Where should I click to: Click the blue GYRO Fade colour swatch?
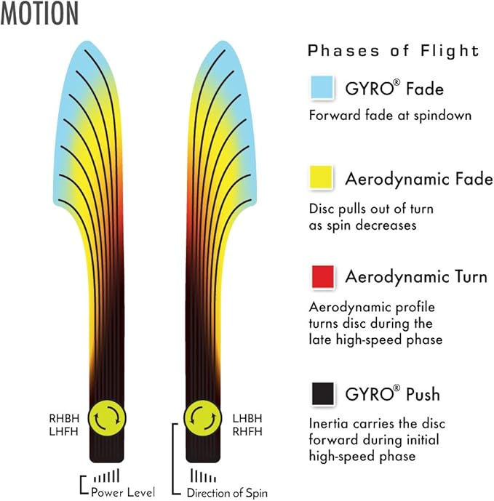pos(322,87)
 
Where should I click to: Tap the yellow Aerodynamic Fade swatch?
pos(321,177)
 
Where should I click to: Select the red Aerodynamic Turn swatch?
pos(323,276)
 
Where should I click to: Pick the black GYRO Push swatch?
pos(323,393)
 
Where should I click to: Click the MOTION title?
pos(39,13)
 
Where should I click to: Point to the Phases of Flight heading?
pos(394,51)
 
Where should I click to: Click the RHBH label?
pos(64,418)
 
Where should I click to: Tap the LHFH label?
pos(63,432)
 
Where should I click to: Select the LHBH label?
pos(247,418)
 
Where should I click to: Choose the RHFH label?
pos(247,432)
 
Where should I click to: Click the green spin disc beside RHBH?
pos(107,418)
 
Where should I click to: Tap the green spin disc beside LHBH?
pos(202,418)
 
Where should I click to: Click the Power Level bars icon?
pos(107,476)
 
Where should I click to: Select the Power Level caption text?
pos(123,492)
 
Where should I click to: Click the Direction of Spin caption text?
pos(227,493)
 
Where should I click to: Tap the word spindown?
pos(442,116)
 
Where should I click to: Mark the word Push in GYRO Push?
pos(423,394)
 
